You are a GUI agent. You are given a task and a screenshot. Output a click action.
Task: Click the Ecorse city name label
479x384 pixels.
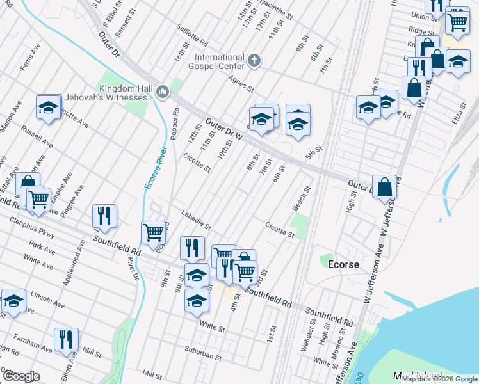tap(342, 264)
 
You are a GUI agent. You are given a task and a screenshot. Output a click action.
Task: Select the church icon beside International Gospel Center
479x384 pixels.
tap(254, 61)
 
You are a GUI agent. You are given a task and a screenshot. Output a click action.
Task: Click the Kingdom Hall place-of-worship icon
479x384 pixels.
tap(163, 93)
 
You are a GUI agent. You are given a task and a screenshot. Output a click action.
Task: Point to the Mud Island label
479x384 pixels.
tap(418, 375)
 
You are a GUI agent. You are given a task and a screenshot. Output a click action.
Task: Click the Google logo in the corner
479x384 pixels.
tap(20, 376)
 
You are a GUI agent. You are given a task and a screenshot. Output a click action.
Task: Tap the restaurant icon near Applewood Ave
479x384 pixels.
tap(104, 216)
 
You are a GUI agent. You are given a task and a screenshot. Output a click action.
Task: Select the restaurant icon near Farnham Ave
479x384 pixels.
tap(66, 339)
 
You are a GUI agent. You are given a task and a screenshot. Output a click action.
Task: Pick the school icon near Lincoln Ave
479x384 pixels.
tap(13, 301)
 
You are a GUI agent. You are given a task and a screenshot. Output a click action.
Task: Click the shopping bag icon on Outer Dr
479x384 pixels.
tap(385, 187)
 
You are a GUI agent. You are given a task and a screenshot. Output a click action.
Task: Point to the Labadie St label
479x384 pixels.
tap(196, 220)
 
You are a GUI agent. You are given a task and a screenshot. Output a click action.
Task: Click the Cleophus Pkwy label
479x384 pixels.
tap(31, 227)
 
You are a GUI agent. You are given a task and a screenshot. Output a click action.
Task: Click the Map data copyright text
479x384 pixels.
tap(439, 379)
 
